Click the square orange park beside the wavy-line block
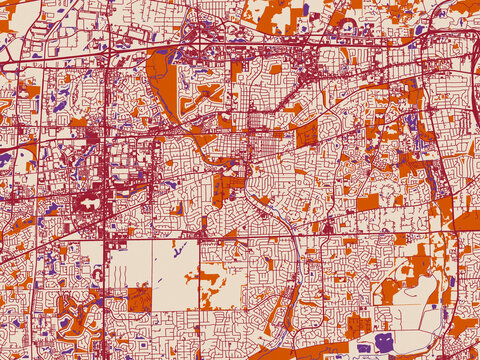139,298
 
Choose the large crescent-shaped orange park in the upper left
160,80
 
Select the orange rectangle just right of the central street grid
307,133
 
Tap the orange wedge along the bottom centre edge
270,353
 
